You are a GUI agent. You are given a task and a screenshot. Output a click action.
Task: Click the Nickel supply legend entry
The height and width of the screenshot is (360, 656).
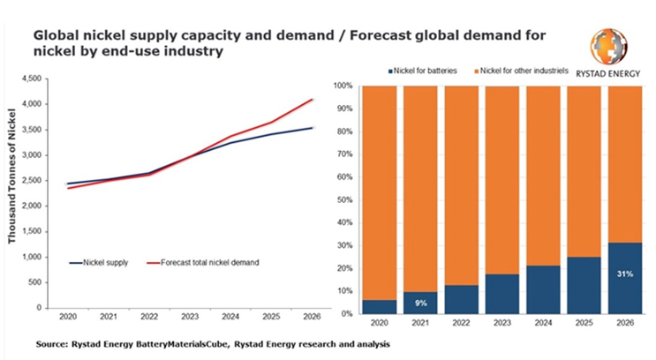point(105,262)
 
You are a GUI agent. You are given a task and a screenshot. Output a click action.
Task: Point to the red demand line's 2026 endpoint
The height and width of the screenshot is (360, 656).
point(312,100)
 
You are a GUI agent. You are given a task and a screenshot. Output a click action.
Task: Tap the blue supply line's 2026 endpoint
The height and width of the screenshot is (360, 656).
point(312,128)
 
